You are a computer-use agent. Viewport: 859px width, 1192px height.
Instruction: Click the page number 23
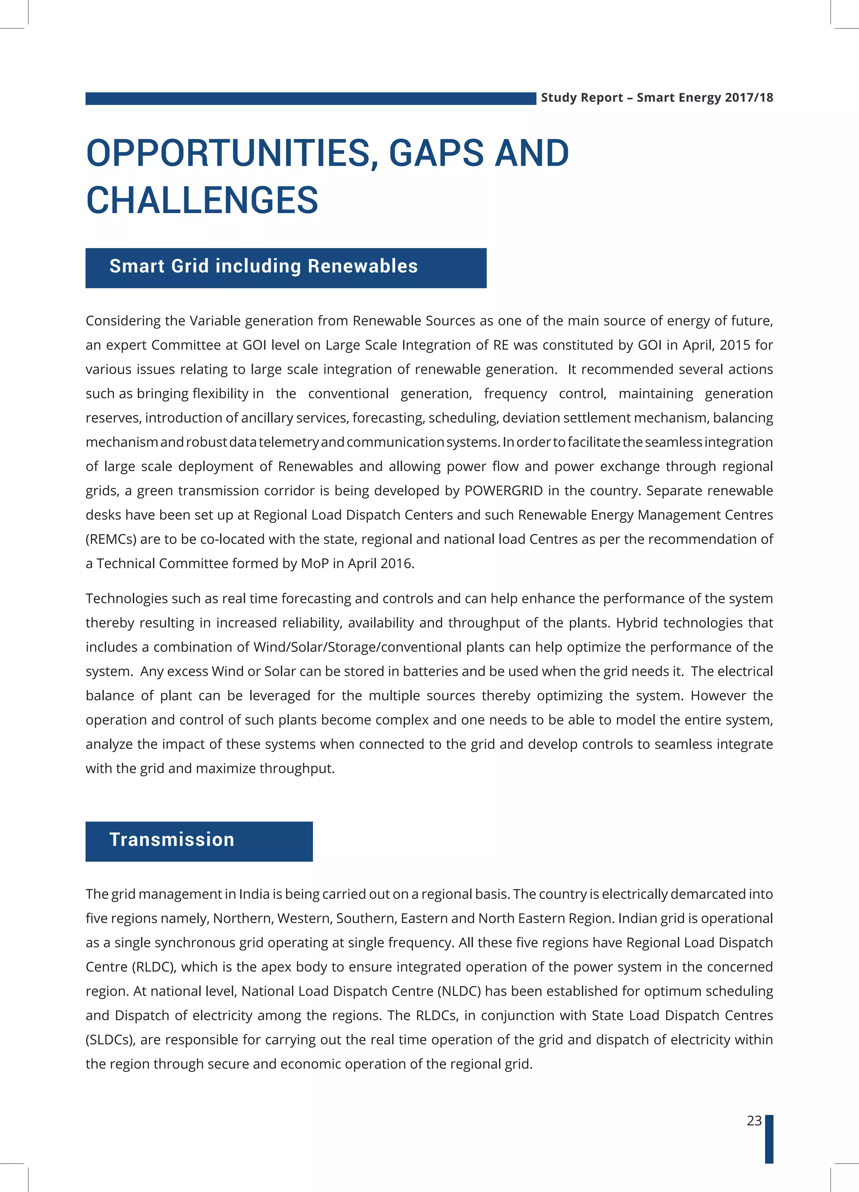pos(754,1121)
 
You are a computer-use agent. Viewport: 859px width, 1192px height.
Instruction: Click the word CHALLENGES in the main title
pos(202,200)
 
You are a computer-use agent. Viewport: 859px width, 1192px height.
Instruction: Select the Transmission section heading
pos(172,839)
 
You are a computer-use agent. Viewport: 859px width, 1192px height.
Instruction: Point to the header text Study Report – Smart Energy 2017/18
pos(657,98)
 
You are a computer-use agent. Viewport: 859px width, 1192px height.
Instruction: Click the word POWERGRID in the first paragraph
pos(503,490)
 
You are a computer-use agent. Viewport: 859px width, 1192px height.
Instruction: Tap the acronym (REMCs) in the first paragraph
pos(111,539)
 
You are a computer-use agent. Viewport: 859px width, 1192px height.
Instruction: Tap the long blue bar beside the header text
pos(310,98)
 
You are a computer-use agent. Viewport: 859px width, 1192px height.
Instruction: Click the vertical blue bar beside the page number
pos(769,1139)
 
